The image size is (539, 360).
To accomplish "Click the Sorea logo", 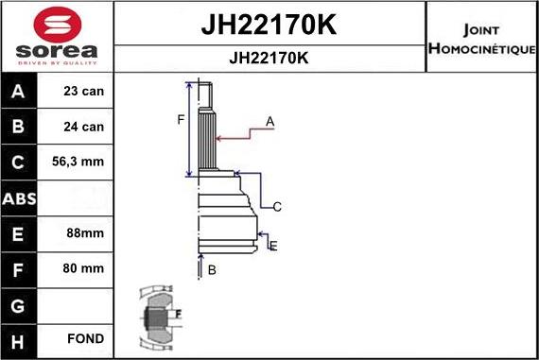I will click(56, 38).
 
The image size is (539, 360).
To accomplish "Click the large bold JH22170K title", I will click(269, 24).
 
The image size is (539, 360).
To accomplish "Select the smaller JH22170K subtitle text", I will click(269, 58).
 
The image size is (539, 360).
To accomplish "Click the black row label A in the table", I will click(19, 93).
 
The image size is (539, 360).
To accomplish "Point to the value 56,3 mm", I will click(78, 162).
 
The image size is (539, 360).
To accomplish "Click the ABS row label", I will click(19, 198).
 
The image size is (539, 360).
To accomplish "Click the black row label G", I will click(19, 304).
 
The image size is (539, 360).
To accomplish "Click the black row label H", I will click(19, 338).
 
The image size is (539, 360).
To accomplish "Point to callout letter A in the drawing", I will click(270, 122).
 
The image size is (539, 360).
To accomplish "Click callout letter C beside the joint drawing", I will click(277, 207).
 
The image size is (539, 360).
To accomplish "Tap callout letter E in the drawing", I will click(272, 247).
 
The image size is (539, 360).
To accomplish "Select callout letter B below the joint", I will click(212, 270).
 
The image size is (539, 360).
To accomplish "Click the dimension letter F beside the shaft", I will click(181, 119).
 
